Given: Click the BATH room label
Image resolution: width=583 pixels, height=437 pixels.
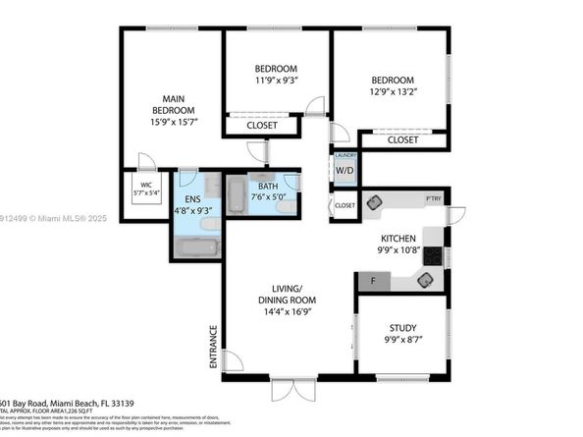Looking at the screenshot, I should (x=268, y=187).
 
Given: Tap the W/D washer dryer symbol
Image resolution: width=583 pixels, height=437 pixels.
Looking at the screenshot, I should (x=344, y=170).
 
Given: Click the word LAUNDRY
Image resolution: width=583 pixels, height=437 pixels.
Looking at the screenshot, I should (x=344, y=155).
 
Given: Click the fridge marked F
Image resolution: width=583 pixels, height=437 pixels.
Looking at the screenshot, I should (x=372, y=282).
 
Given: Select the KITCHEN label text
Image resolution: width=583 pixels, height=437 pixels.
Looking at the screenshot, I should (x=398, y=239).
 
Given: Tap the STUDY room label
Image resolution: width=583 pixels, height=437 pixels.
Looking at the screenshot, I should (x=402, y=329).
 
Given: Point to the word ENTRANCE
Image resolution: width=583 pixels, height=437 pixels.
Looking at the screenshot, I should (x=212, y=347).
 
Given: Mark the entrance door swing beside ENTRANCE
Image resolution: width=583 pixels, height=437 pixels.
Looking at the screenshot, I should (x=234, y=361).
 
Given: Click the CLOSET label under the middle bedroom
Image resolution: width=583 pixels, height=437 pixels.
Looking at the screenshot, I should (x=261, y=126).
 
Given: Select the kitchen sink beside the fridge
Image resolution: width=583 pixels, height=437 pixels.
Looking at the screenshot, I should (x=424, y=280).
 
